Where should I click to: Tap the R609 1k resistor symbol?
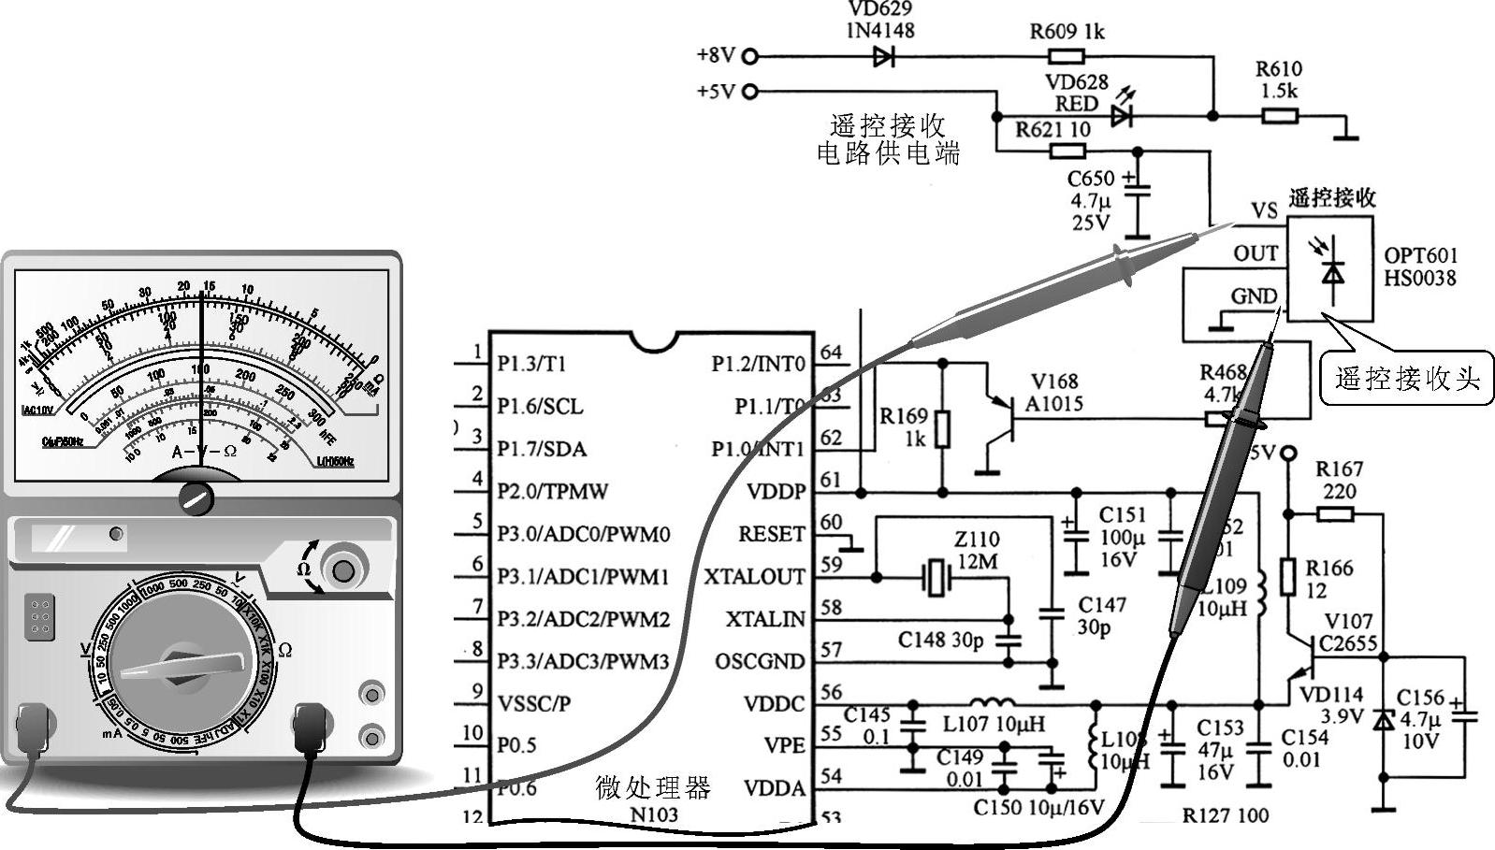tap(1066, 56)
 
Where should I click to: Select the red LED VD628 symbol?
tap(1121, 116)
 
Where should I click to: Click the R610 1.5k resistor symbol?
tap(1279, 116)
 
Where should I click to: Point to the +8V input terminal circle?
tap(749, 56)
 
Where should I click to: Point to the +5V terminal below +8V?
tap(749, 92)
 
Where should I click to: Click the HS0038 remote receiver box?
tap(1330, 269)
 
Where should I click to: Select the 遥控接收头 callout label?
tap(1406, 379)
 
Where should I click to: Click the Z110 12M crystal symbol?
tap(936, 577)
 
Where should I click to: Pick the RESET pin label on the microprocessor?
tap(771, 534)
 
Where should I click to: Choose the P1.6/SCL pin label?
tap(540, 406)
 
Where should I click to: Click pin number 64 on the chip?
tap(831, 353)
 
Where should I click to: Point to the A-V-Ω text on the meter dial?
tap(204, 451)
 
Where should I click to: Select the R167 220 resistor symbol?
tap(1335, 513)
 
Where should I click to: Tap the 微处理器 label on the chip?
tap(653, 787)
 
